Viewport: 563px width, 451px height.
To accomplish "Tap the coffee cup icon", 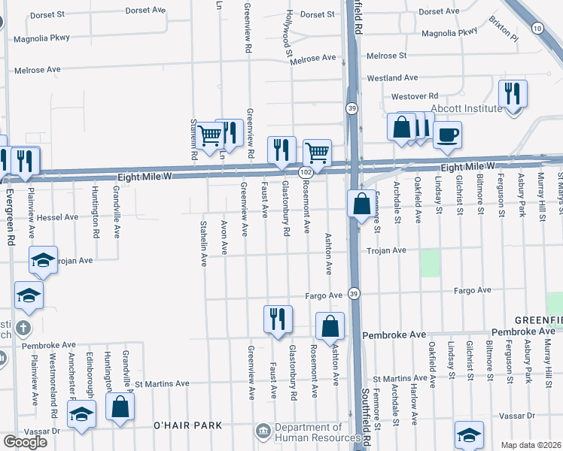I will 447,135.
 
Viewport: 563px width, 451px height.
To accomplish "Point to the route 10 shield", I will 537,28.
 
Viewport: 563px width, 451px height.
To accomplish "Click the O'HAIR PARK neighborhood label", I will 187,425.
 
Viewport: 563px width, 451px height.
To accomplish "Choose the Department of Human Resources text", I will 317,432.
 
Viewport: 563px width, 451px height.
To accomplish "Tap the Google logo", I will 25,441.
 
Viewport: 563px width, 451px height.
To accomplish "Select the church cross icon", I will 23,328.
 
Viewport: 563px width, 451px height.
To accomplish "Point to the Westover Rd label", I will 414,96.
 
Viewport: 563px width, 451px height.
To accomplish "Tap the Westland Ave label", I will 391,77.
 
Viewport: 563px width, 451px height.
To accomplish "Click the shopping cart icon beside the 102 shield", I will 318,153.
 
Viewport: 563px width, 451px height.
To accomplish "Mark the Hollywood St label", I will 289,34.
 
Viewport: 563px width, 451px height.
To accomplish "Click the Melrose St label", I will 386,56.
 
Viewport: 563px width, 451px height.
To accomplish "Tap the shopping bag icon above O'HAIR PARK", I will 120,409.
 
